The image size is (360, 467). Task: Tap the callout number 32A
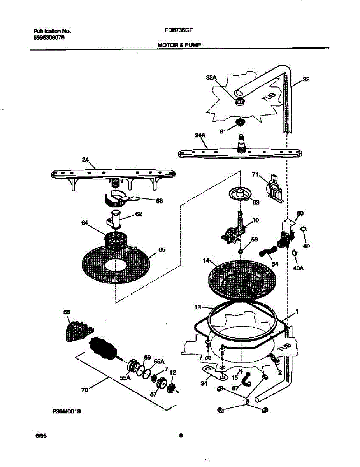point(211,78)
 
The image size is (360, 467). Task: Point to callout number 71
point(255,176)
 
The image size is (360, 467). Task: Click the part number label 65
point(162,249)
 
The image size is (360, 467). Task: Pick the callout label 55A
point(125,377)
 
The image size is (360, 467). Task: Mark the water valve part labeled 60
point(286,233)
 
